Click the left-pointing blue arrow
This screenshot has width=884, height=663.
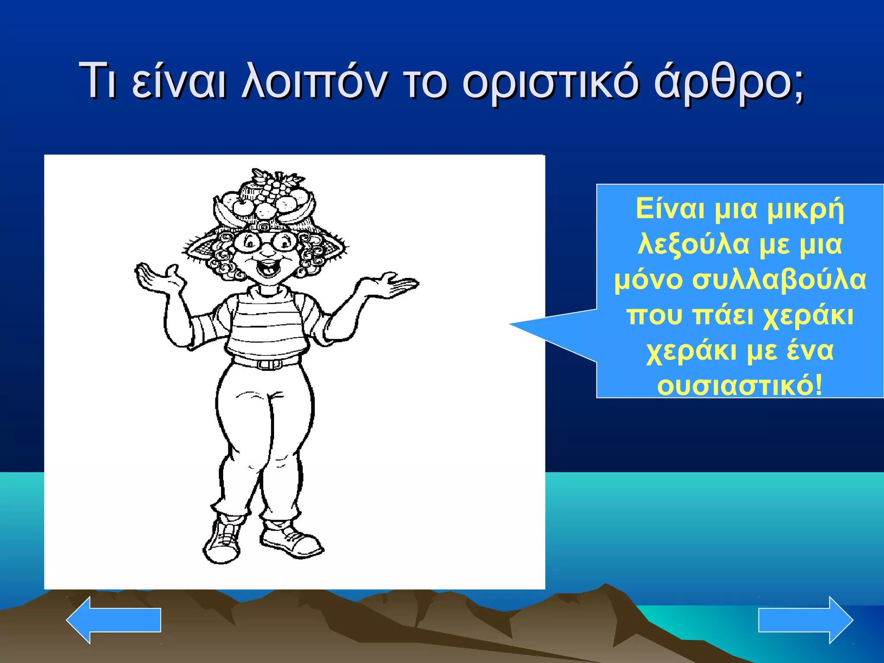(x=114, y=620)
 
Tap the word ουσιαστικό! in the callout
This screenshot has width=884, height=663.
(x=740, y=385)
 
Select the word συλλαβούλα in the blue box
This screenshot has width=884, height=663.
(x=780, y=280)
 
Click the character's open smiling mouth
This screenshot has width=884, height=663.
(x=268, y=268)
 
